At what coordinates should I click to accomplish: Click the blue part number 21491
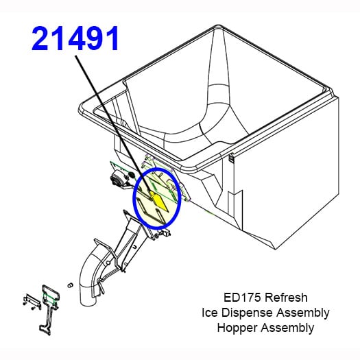coord(75,38)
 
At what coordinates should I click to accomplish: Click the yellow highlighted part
coord(160,202)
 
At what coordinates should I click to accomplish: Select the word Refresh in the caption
coord(286,298)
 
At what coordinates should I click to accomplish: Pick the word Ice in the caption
coord(209,313)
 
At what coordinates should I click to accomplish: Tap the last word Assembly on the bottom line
coord(287,328)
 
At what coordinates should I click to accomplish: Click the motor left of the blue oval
coord(119,180)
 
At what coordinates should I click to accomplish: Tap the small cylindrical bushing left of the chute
coord(70,285)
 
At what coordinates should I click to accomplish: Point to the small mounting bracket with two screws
coord(32,302)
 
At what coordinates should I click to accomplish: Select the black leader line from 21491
coord(113,125)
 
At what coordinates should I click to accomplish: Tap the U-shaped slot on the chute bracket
coord(135,247)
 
